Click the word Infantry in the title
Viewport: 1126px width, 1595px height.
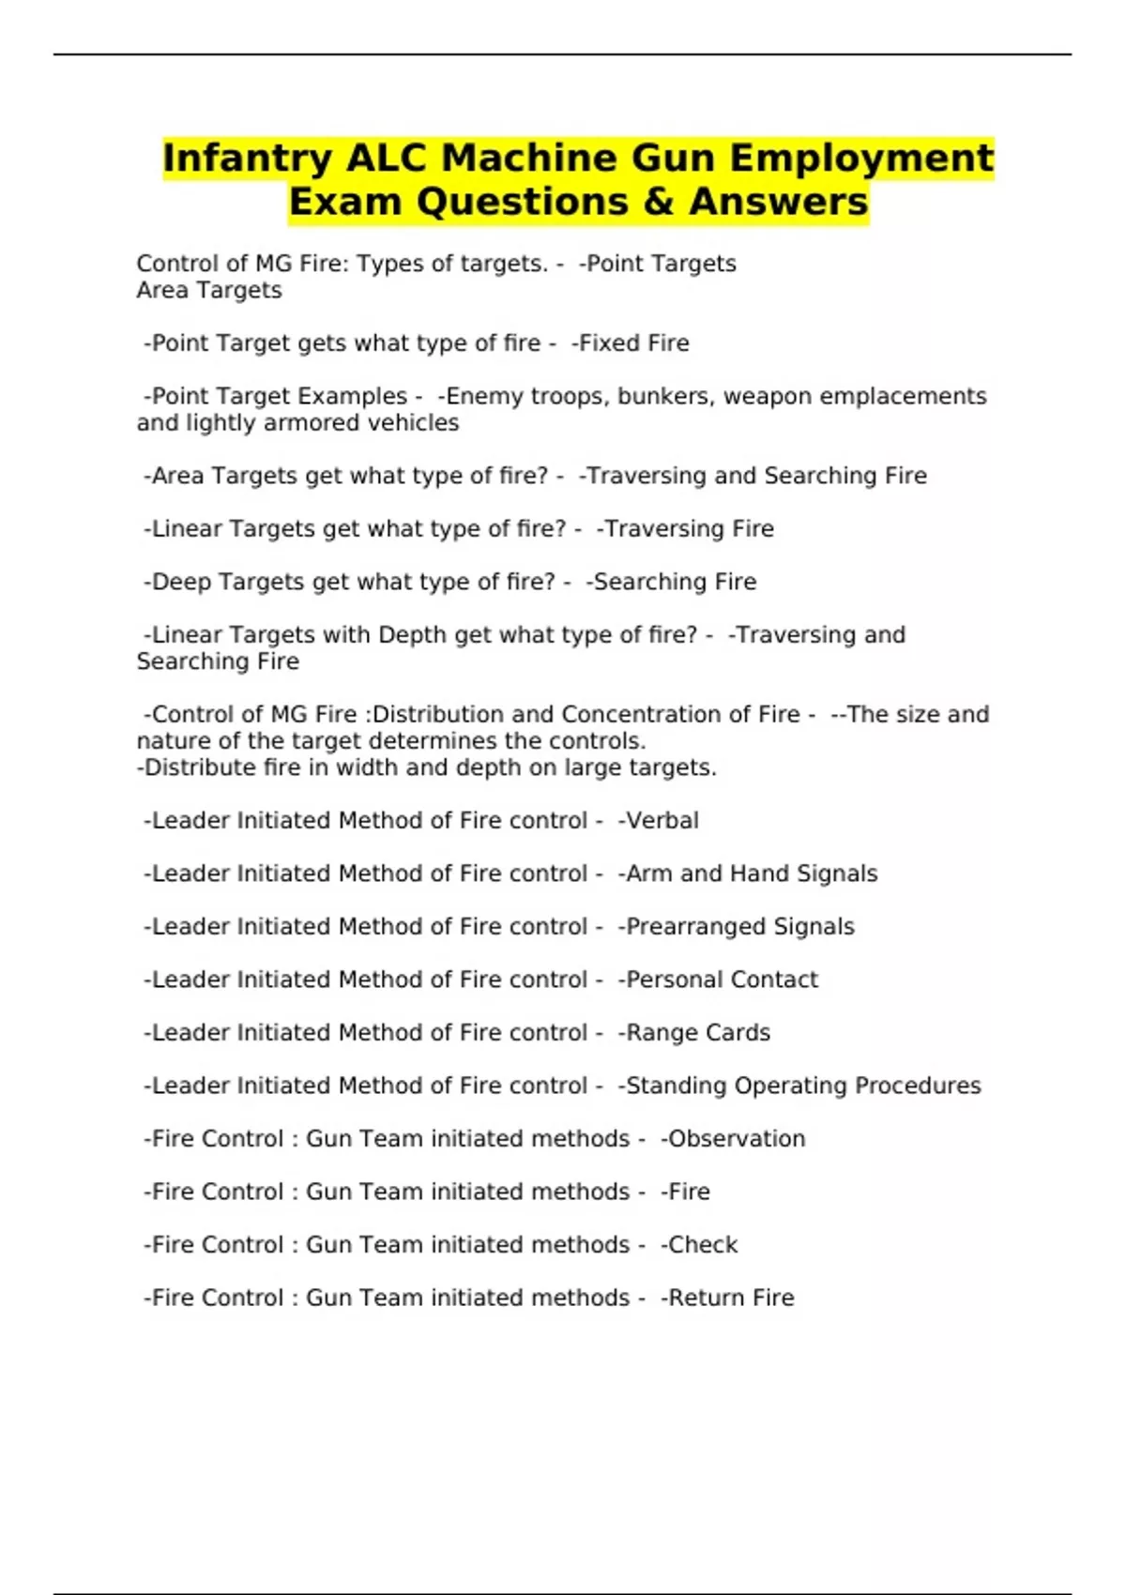[247, 159]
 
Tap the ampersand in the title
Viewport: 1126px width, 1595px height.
[657, 202]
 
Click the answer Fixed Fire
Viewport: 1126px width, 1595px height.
[633, 343]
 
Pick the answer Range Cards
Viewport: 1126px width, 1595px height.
[697, 1033]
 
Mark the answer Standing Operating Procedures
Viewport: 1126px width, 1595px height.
[802, 1086]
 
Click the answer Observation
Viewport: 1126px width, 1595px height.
[736, 1139]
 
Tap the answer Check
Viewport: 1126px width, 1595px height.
[702, 1245]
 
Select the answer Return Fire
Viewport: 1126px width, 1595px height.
[730, 1298]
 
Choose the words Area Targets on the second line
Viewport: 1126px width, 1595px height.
[209, 291]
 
